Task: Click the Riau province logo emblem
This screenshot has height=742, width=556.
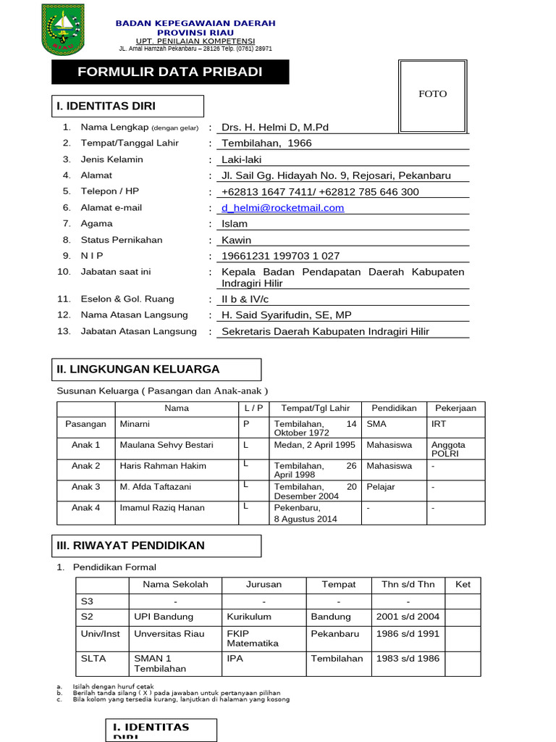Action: click(63, 28)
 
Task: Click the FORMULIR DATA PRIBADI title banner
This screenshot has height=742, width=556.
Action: click(170, 72)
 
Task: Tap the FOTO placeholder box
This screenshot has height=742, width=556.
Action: click(433, 94)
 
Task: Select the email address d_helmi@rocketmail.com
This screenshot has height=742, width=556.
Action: click(282, 208)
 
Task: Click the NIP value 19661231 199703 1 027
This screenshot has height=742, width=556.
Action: click(280, 256)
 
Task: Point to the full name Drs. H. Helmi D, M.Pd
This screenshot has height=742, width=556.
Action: click(274, 128)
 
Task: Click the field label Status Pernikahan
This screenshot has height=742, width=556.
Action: click(122, 240)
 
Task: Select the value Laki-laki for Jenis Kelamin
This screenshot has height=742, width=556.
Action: click(241, 159)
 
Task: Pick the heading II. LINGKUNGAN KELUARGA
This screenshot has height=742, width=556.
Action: click(138, 370)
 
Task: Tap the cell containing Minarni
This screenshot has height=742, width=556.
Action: click(135, 424)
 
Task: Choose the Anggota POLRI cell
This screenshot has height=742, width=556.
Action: click(448, 449)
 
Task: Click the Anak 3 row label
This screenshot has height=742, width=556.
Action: click(85, 487)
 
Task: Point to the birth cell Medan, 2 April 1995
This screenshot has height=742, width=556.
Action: click(314, 445)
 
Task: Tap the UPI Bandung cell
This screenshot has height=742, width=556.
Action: click(164, 617)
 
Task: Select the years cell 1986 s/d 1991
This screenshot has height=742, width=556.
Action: click(408, 633)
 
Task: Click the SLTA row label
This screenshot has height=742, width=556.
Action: click(90, 659)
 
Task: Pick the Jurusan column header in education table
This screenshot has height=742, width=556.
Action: click(264, 584)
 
